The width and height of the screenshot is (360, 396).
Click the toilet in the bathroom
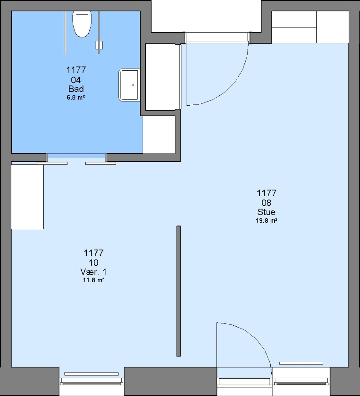[x=82, y=24]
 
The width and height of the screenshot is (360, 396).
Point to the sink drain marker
[x=133, y=85]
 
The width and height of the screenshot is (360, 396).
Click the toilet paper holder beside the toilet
[x=99, y=45]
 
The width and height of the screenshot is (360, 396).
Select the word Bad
[x=76, y=89]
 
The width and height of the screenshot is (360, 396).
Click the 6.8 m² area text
[x=76, y=97]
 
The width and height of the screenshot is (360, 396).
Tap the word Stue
[x=266, y=212]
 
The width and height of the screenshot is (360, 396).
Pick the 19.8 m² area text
[x=267, y=220]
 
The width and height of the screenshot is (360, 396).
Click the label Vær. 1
[x=93, y=272]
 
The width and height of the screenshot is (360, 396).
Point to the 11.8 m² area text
[x=94, y=280]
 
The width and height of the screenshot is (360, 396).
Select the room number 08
[x=266, y=202]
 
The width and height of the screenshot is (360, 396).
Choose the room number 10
[x=93, y=263]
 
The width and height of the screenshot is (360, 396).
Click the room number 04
[x=76, y=80]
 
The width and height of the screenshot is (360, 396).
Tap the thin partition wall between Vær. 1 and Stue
[x=179, y=291]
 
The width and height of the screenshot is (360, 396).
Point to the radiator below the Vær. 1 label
[x=91, y=374]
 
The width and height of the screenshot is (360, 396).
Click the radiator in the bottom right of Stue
[x=301, y=363]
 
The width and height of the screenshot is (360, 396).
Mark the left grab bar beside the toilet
[x=65, y=32]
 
